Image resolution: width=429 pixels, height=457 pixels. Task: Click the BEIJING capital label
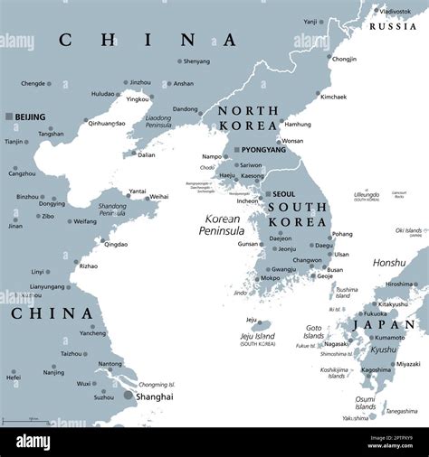tap(30, 117)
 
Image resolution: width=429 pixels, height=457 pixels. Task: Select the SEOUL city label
tap(283, 193)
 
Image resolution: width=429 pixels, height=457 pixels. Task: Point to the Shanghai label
tap(155, 395)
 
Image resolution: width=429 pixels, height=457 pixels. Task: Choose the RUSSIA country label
tap(394, 26)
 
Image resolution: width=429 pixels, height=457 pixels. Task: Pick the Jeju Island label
tap(257, 336)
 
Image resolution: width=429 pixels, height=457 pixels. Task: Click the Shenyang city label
tap(196, 61)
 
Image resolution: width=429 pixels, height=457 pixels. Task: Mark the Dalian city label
tap(146, 154)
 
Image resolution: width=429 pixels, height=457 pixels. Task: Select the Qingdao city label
tap(116, 244)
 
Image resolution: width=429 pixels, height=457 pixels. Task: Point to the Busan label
tap(335, 269)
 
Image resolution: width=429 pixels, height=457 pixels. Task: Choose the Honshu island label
tap(390, 262)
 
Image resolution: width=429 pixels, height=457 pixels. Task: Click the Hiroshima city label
tap(399, 284)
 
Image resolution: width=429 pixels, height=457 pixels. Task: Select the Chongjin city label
tap(344, 59)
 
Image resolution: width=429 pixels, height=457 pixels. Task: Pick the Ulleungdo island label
tap(367, 194)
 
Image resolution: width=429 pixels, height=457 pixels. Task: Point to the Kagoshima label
tap(376, 369)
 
